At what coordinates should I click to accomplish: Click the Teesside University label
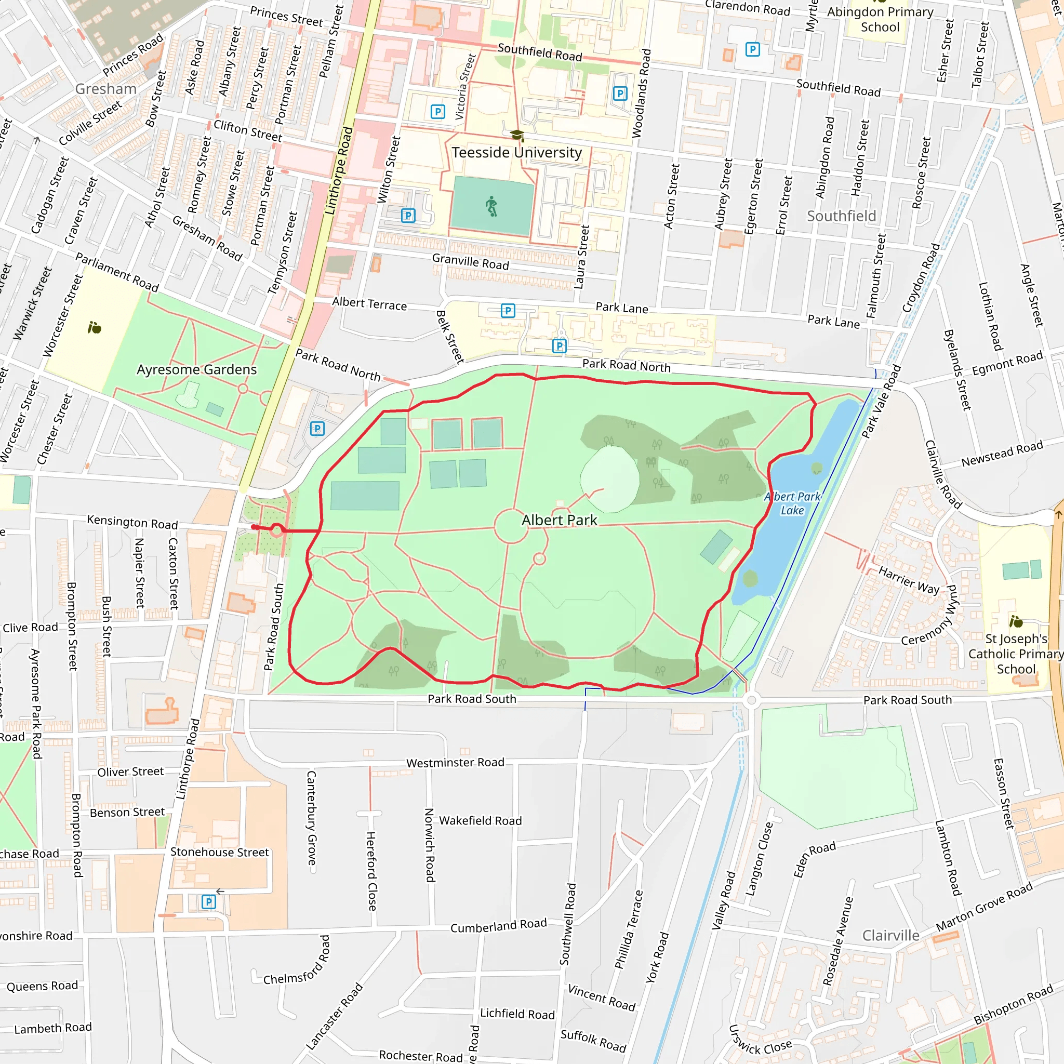click(x=516, y=153)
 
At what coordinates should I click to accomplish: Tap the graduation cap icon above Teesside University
click(x=516, y=135)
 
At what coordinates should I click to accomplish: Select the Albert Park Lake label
click(x=792, y=503)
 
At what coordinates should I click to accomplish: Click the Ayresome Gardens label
click(x=196, y=369)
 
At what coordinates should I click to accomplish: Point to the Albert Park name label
click(x=559, y=520)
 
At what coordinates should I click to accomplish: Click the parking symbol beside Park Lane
click(x=508, y=311)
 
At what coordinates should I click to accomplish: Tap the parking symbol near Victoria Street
click(x=437, y=112)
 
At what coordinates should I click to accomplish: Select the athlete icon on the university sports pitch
click(x=491, y=207)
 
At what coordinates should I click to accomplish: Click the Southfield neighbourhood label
click(x=841, y=216)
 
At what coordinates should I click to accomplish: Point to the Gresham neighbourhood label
click(x=106, y=89)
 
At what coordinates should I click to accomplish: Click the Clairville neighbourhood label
click(x=890, y=935)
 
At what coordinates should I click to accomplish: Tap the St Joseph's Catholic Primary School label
click(x=1016, y=654)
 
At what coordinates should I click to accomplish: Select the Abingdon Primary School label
click(x=880, y=19)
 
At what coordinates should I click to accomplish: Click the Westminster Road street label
click(x=455, y=763)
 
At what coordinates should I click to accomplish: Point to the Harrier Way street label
click(x=909, y=580)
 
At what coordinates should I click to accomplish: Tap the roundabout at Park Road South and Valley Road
click(x=751, y=700)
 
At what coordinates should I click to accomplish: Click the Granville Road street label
click(x=470, y=262)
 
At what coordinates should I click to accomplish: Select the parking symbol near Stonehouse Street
click(x=208, y=901)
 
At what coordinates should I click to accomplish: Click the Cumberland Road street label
click(x=498, y=925)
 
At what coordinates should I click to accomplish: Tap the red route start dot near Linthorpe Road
click(x=254, y=527)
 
